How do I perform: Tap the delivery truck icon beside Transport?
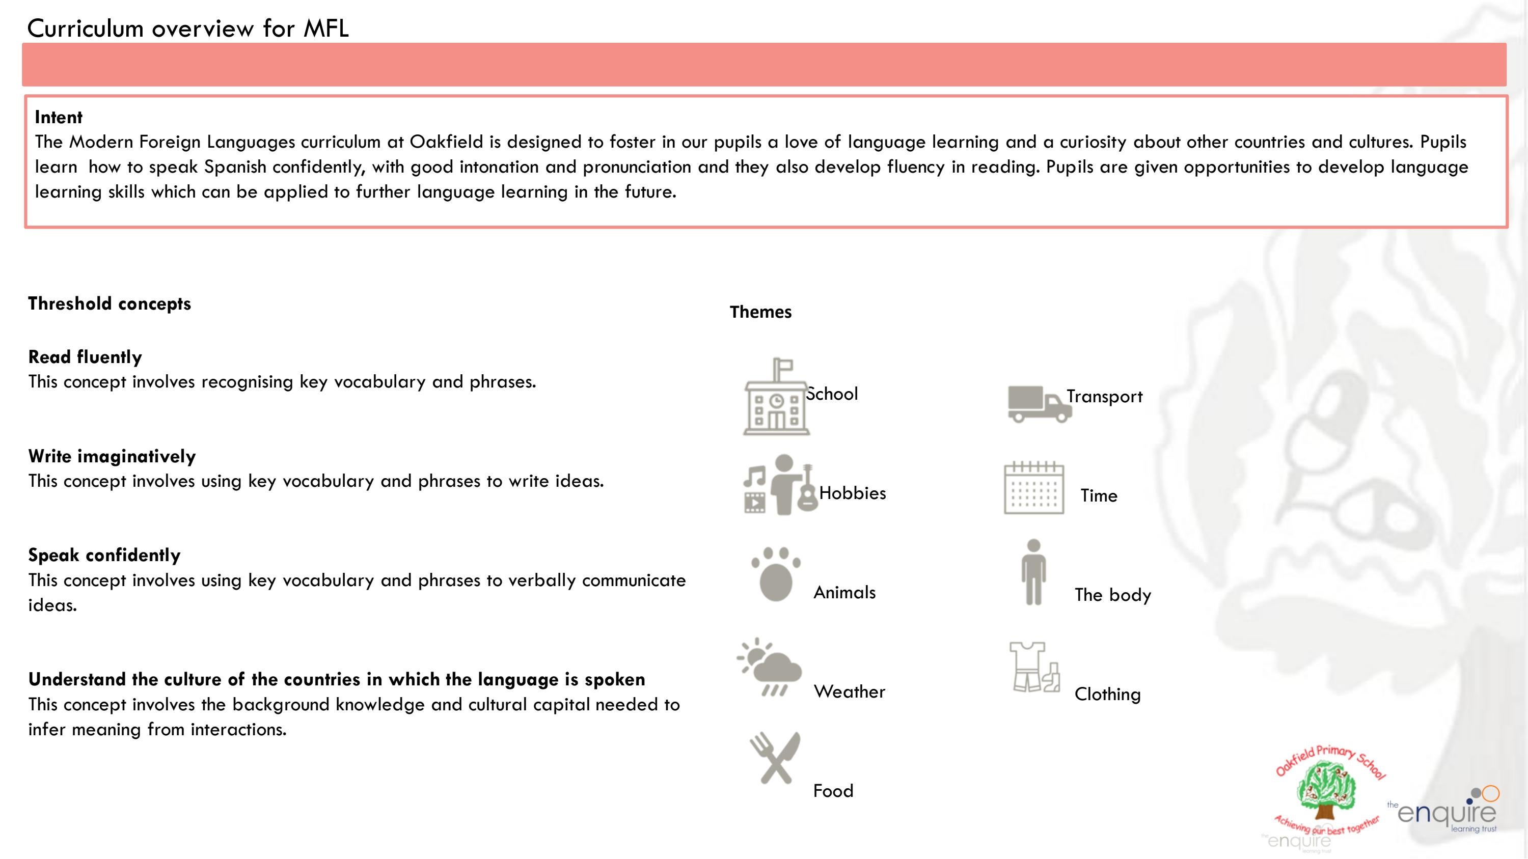point(1039,404)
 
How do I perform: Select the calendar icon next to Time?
point(1033,487)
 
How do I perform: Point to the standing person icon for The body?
point(1033,573)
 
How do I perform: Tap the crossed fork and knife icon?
point(775,758)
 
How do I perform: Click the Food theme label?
point(833,791)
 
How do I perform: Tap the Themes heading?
point(760,312)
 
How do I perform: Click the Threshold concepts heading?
point(109,303)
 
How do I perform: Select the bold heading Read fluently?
point(85,357)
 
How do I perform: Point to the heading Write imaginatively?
point(112,456)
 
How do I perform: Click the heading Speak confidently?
point(104,556)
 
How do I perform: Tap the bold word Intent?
point(58,118)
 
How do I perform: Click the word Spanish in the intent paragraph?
point(235,167)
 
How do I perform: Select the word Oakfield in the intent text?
point(446,142)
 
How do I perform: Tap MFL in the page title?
point(325,29)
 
